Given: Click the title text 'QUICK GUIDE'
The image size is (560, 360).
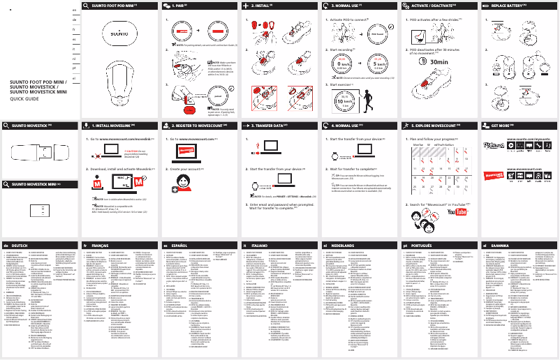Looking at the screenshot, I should tap(24, 98).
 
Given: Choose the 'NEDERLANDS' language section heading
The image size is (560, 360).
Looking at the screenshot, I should tap(343, 246).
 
